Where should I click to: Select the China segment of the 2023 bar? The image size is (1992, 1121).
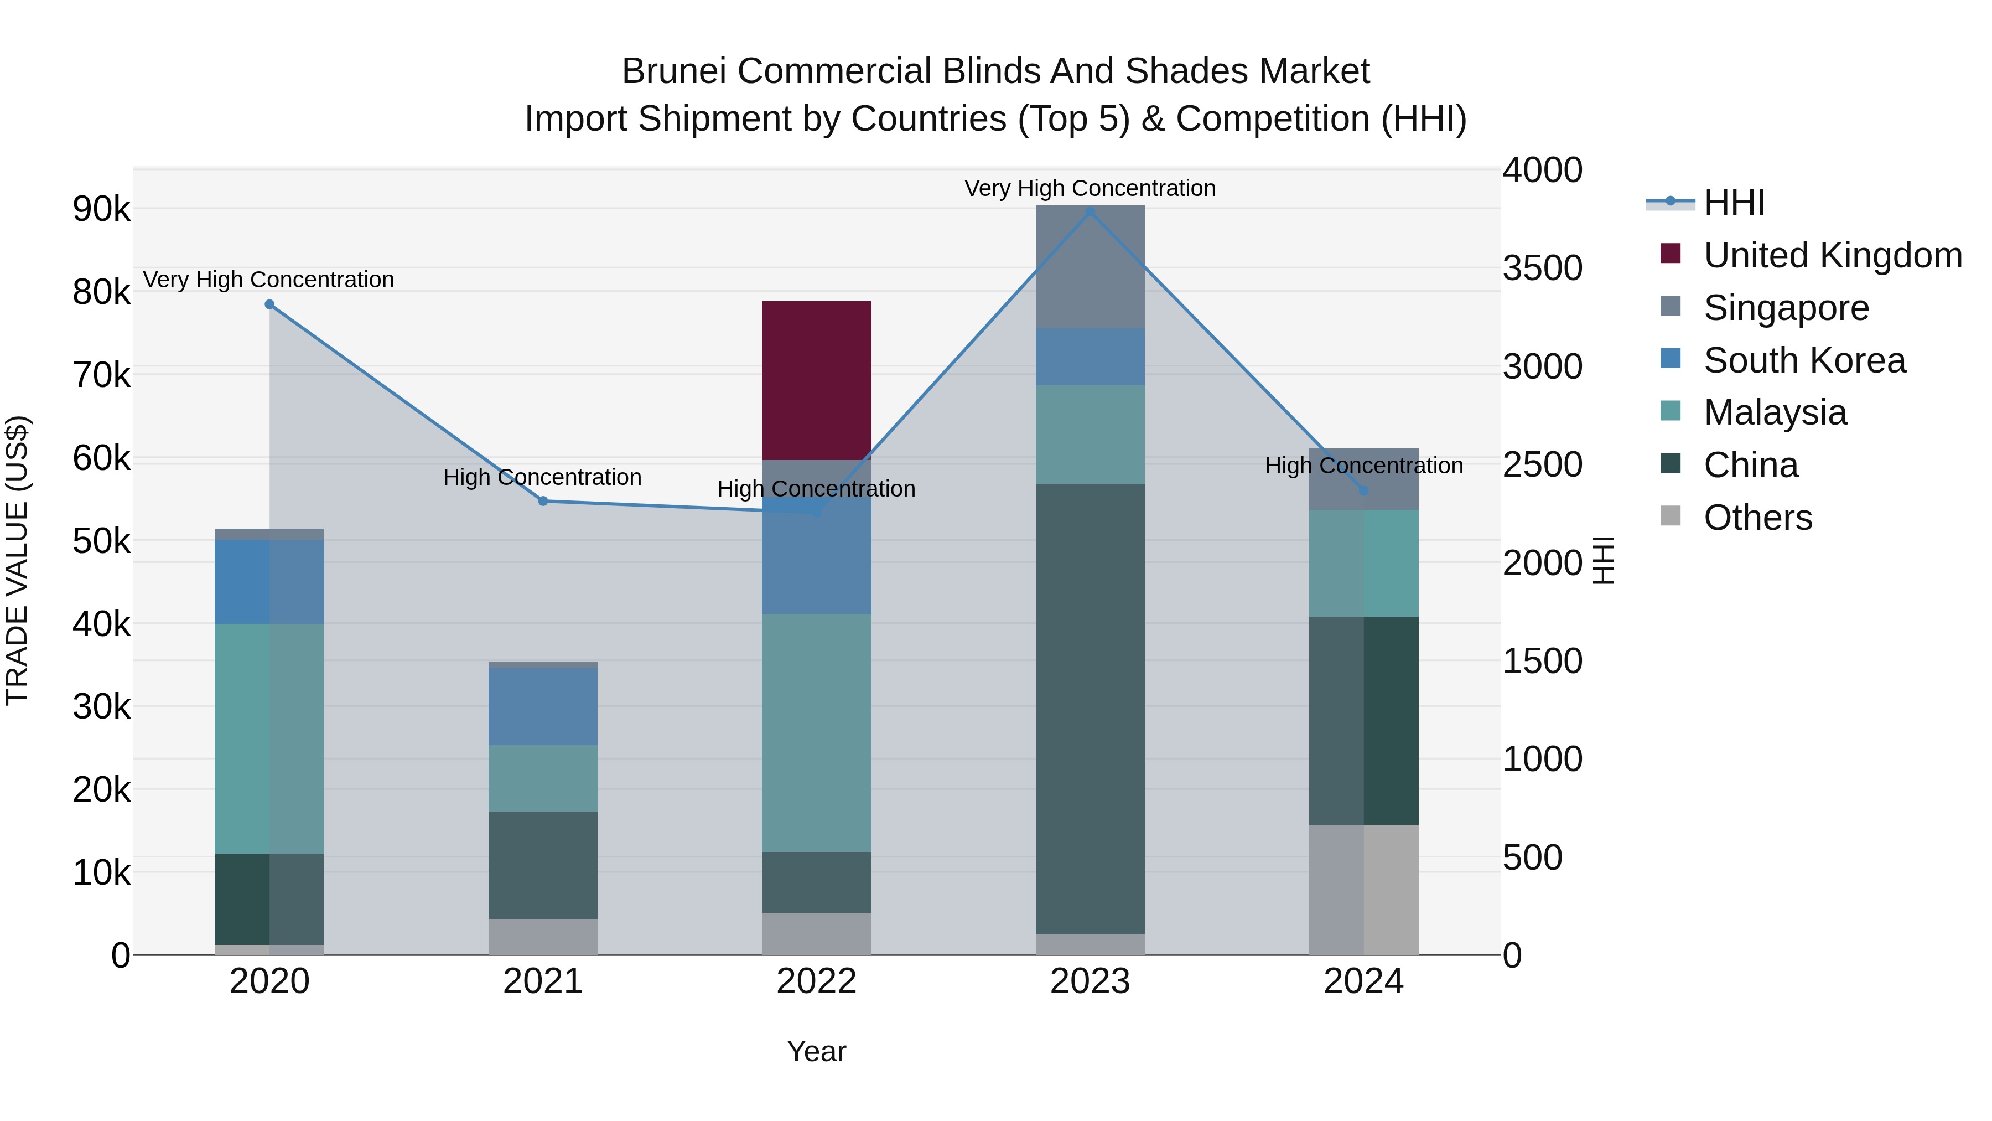pos(1090,708)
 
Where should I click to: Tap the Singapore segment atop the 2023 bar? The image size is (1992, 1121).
pos(1090,266)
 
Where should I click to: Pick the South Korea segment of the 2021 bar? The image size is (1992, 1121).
pos(543,706)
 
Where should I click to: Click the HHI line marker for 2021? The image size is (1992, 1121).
pos(543,502)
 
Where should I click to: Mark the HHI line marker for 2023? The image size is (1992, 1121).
pos(1090,212)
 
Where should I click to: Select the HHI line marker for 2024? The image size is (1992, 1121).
pos(1363,490)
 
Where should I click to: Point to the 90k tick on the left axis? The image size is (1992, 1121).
pos(101,209)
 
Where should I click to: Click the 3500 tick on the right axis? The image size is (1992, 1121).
pos(1542,268)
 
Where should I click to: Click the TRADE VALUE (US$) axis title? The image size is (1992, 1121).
pos(17,560)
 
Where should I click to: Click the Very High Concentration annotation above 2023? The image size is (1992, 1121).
pos(1090,188)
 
